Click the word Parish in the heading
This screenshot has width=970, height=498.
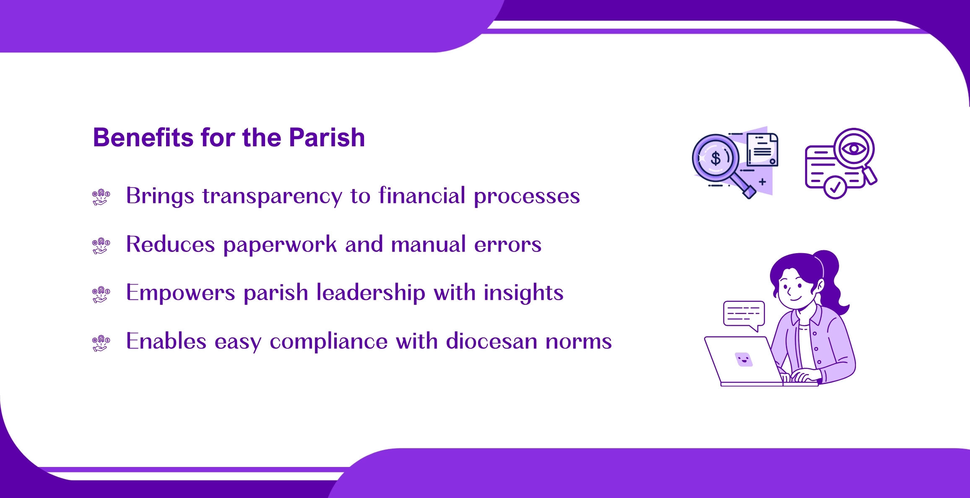click(x=327, y=137)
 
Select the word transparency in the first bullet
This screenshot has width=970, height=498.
click(x=272, y=196)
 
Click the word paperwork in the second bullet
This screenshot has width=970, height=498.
click(x=280, y=245)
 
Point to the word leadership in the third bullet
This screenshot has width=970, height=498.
click(x=371, y=293)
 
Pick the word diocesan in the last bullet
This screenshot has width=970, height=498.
click(x=492, y=341)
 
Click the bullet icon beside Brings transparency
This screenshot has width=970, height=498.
click(x=101, y=197)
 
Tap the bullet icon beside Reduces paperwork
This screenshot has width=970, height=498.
click(x=101, y=246)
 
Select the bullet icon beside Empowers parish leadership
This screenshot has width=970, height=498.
click(x=101, y=294)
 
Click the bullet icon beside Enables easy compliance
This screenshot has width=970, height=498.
click(x=101, y=343)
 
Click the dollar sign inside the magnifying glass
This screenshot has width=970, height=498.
click(x=716, y=158)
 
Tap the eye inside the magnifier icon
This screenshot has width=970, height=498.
click(x=854, y=148)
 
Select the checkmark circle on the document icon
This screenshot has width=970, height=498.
click(x=835, y=187)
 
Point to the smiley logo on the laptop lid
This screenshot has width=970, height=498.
click(x=744, y=359)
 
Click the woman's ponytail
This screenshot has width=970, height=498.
click(x=832, y=281)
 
